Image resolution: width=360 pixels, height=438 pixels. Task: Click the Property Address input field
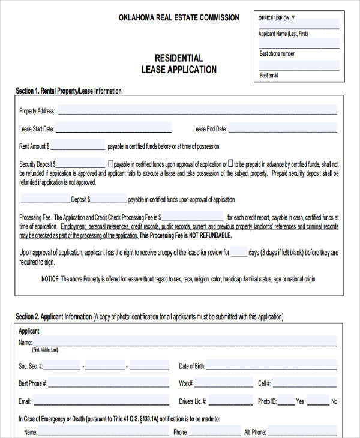(x=197, y=110)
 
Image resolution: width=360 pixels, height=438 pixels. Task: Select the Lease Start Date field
(x=113, y=128)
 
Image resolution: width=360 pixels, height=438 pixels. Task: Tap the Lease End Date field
(x=282, y=128)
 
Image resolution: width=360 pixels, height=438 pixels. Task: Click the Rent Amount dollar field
(x=78, y=145)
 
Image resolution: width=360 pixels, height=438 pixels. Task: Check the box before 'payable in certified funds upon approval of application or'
(x=110, y=163)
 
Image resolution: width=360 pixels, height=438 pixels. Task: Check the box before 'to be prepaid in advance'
(x=230, y=163)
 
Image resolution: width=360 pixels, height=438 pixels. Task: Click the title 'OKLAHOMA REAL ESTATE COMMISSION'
(x=179, y=17)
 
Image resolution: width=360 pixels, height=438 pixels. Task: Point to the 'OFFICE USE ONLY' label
(x=276, y=18)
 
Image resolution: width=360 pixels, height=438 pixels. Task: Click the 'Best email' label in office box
(x=268, y=76)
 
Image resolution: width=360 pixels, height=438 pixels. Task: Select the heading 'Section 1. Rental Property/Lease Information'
(x=68, y=91)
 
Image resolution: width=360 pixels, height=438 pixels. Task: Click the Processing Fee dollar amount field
(x=192, y=217)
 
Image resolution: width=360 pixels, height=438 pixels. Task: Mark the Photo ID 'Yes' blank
(x=286, y=401)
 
